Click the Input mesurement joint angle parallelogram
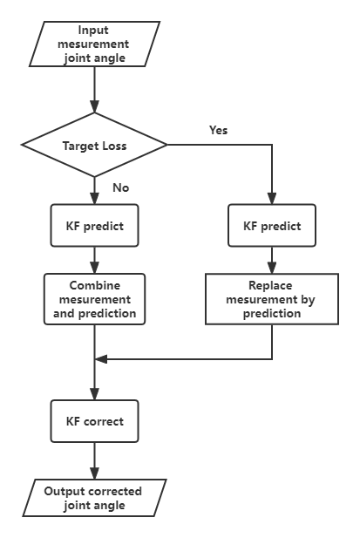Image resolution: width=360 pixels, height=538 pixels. coord(94,44)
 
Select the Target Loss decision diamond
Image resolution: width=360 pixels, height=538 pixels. coord(94,145)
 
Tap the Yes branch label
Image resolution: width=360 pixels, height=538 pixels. coord(219,131)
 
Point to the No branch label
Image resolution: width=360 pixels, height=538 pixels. coord(120,187)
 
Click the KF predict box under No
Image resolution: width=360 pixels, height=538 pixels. coord(95,226)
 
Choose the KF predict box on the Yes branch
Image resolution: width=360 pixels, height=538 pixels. coord(272,226)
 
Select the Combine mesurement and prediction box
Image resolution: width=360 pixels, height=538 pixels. coord(95,299)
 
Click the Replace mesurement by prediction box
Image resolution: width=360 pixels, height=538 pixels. coord(272,299)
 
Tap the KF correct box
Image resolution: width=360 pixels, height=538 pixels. coord(95,421)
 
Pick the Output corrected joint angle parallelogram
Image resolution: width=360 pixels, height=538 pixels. coord(94,498)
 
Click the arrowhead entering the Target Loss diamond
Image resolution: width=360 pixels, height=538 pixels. coord(95,106)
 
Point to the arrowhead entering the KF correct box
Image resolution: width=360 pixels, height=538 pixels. coord(95,394)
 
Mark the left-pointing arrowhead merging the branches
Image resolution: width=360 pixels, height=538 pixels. coord(101,359)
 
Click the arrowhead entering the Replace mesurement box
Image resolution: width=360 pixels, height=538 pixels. coord(272,268)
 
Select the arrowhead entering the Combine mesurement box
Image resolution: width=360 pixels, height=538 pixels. coord(95,268)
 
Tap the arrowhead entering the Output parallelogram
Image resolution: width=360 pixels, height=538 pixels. coord(95,473)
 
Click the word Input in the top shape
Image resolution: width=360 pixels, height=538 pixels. coord(93,31)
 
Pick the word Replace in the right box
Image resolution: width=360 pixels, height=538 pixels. coord(270,285)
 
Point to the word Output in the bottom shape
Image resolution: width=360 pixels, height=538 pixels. coord(65,491)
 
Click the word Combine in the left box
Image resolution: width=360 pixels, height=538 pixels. coord(95,285)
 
